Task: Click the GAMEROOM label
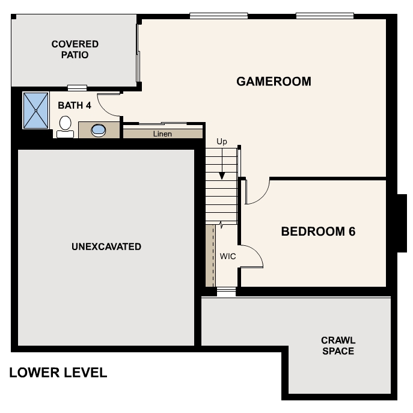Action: pyautogui.click(x=274, y=81)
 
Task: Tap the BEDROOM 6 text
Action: pyautogui.click(x=318, y=231)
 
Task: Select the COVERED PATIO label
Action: pyautogui.click(x=75, y=49)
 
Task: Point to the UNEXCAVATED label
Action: pyautogui.click(x=106, y=246)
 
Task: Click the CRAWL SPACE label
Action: pyautogui.click(x=338, y=346)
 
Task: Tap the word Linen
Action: pyautogui.click(x=162, y=133)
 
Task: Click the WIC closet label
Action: pyautogui.click(x=228, y=256)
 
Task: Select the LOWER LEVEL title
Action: pyautogui.click(x=58, y=373)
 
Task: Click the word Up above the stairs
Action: pyautogui.click(x=222, y=142)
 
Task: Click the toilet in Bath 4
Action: pyautogui.click(x=65, y=126)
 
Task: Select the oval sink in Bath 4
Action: pyautogui.click(x=98, y=129)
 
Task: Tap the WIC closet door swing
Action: pyautogui.click(x=252, y=255)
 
